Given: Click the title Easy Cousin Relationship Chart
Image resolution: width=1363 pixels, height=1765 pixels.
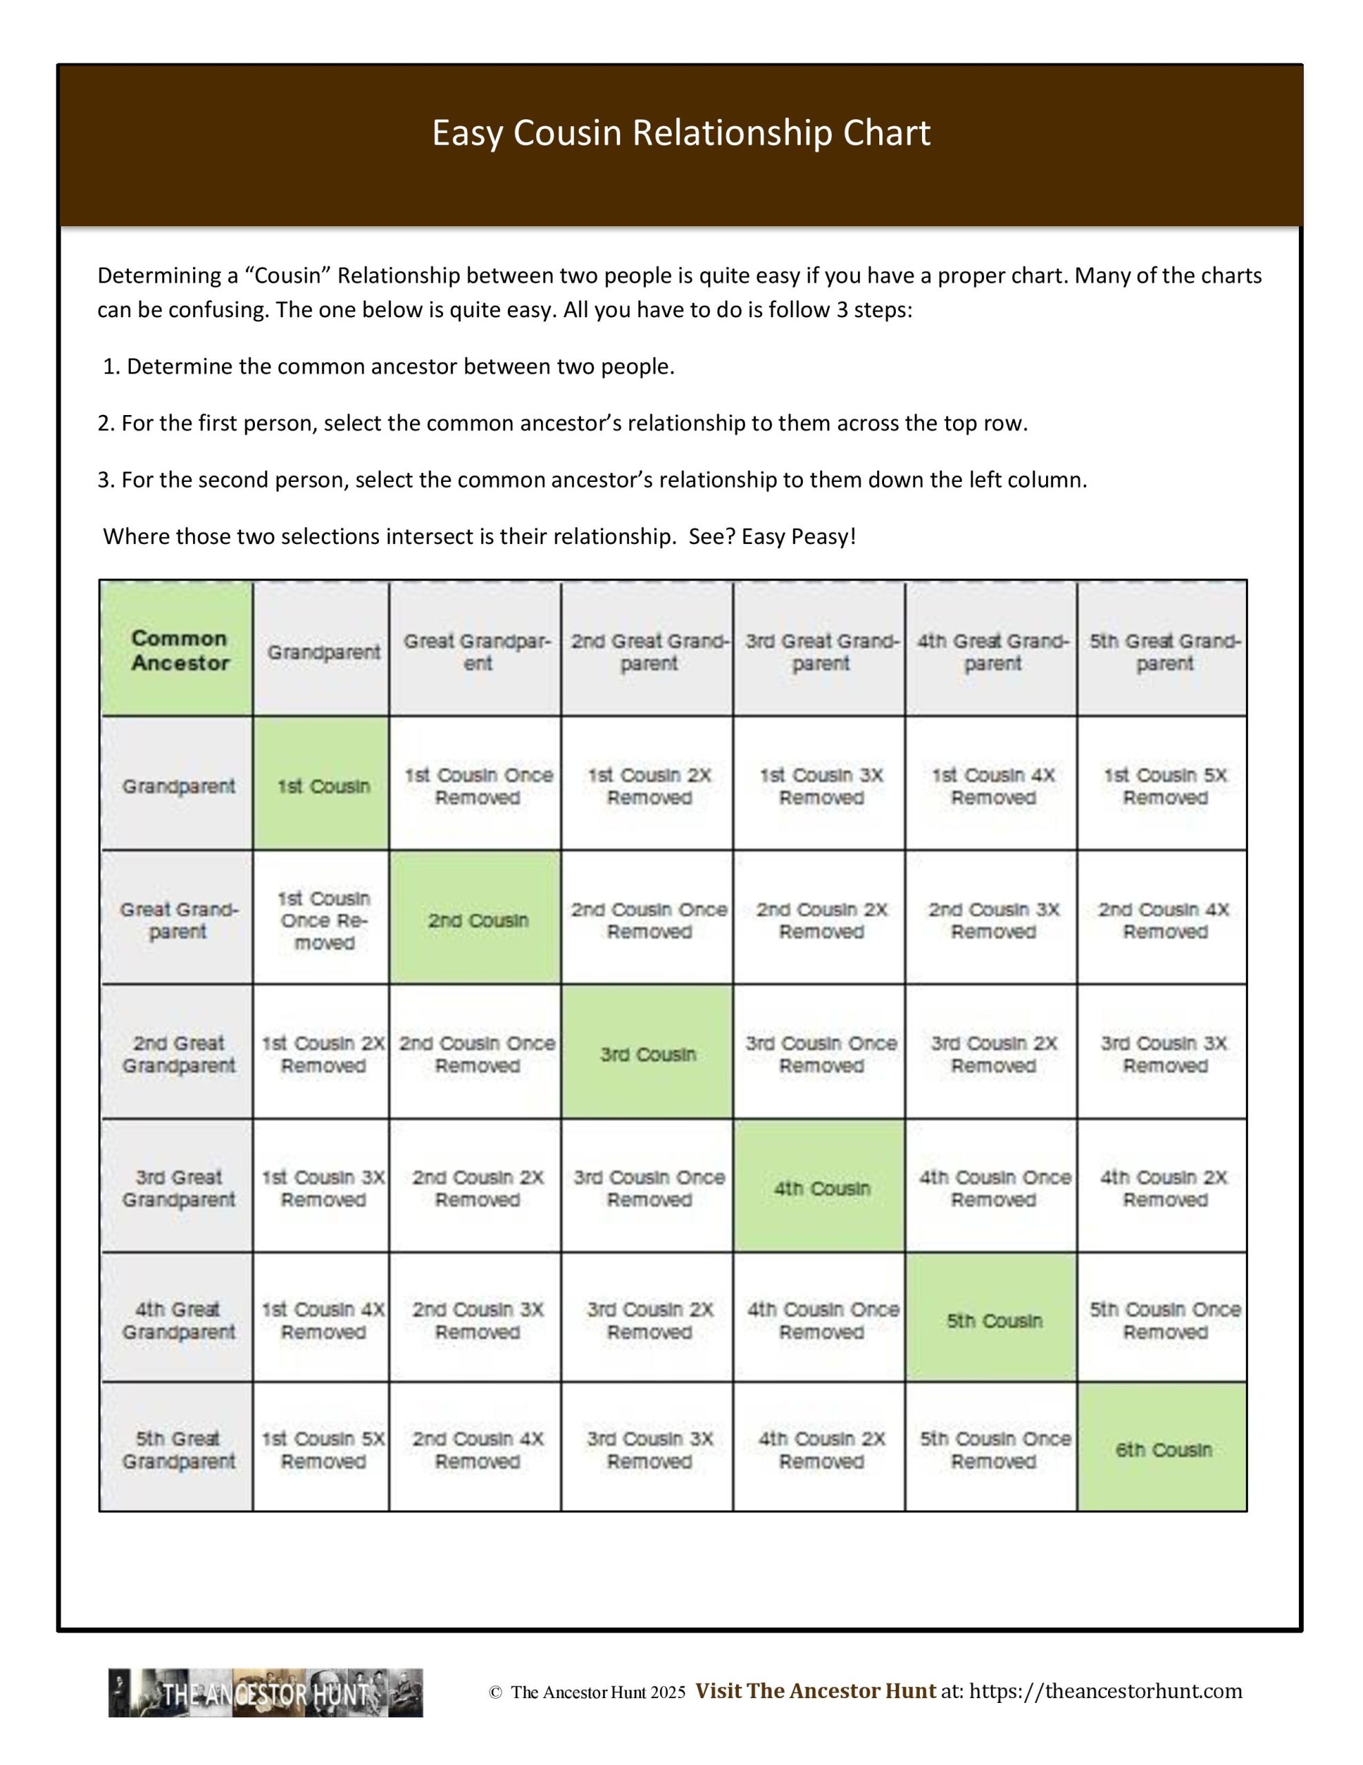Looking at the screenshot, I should [681, 133].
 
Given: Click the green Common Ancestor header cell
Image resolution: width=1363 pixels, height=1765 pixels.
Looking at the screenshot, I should [178, 649].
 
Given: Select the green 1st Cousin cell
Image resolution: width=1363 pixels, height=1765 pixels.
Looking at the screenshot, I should [322, 785].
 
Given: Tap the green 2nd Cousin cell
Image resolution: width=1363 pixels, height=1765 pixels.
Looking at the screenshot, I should [477, 920].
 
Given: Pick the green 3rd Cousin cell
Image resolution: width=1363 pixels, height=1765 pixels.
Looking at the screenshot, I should [648, 1053].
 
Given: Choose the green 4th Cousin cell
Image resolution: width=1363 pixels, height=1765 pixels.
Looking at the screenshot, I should [821, 1188].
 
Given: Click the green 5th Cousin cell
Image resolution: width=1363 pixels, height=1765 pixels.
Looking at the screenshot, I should [993, 1320].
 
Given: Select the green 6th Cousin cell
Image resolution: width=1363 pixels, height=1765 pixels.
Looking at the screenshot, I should [1163, 1450].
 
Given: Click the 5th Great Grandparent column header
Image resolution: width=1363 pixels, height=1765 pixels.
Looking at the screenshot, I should [1163, 652].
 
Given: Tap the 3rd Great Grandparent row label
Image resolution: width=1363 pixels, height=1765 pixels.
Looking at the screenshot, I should [178, 1188].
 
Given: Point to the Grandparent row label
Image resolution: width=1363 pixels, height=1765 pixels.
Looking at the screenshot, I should [178, 785].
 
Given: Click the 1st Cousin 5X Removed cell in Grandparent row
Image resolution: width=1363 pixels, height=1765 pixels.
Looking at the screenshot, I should [1163, 785].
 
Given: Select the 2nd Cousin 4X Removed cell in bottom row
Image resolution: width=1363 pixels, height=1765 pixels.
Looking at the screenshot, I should [477, 1450].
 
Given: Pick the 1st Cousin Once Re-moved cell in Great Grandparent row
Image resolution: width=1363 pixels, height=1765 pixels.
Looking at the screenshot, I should [322, 920].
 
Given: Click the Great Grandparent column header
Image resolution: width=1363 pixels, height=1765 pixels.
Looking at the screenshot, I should [477, 652].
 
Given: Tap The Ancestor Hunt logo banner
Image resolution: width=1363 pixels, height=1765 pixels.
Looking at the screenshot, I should [266, 1693].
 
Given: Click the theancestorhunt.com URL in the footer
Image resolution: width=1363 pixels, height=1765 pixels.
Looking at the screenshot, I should [1105, 1691].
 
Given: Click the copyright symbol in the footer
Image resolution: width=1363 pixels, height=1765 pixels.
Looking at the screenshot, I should [495, 1693].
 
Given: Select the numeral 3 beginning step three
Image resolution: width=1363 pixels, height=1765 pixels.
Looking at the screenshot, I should [103, 480].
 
